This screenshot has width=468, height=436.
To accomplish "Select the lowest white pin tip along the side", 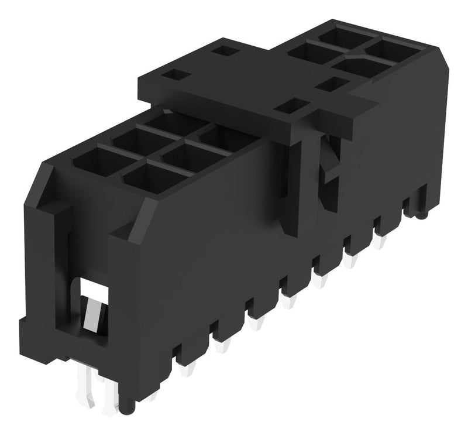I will click(188, 370).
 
